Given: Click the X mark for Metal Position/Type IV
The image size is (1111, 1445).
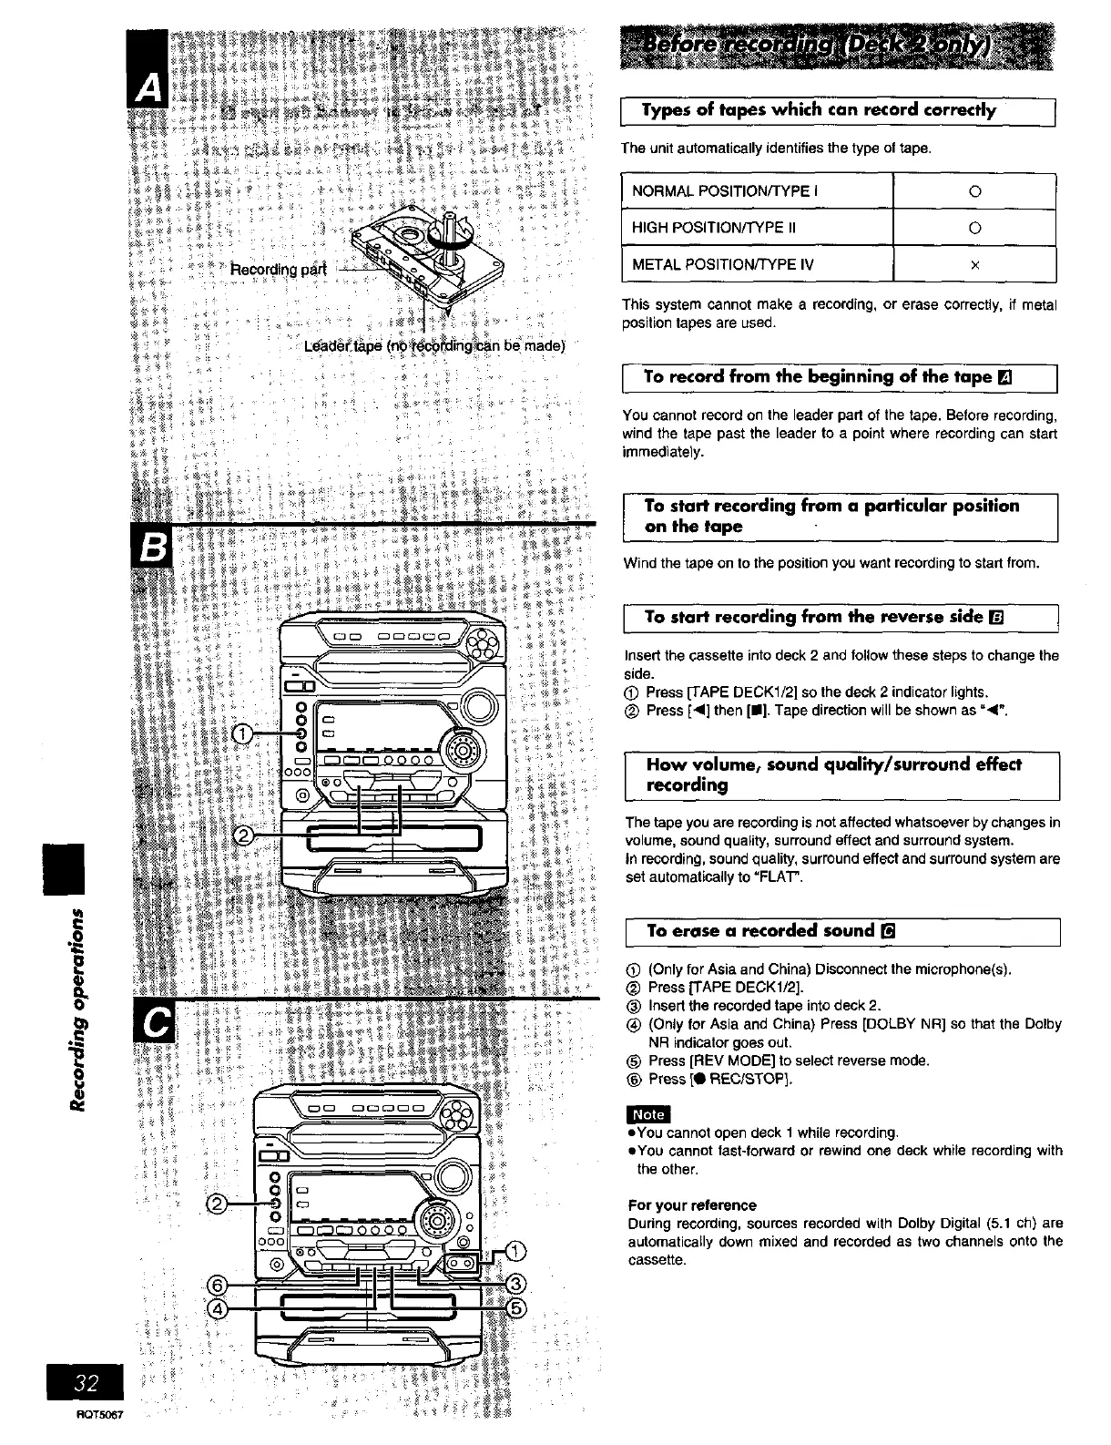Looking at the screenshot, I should point(973,265).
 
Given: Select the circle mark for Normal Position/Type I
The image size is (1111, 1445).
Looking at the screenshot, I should point(973,191).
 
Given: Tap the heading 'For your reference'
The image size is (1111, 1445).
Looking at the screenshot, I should point(692,1204).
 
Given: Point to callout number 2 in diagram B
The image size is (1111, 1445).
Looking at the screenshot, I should point(244,835).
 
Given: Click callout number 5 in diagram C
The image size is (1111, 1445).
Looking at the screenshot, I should point(515,1308).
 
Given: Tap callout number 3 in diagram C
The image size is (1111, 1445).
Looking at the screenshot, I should point(515,1285).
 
